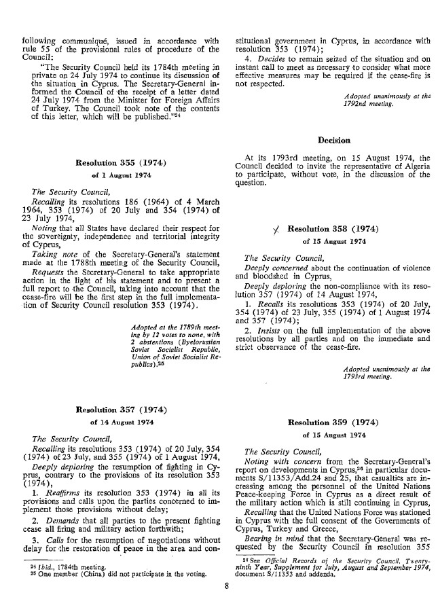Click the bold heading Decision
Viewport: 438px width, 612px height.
333,141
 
